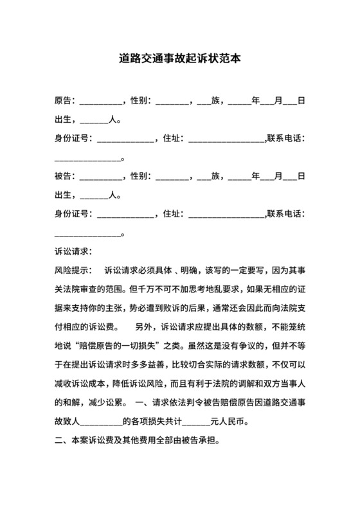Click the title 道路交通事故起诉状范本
pos(180,58)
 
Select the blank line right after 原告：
pos(100,103)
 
